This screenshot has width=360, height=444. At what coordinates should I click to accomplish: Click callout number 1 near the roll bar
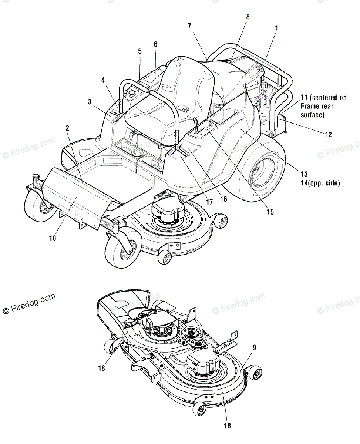click(277, 28)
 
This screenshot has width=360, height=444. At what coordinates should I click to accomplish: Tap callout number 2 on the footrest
click(67, 128)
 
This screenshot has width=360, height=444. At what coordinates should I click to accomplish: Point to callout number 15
click(270, 212)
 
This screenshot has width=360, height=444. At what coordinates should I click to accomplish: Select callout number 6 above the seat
click(155, 44)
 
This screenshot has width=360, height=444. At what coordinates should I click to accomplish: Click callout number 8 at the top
click(248, 16)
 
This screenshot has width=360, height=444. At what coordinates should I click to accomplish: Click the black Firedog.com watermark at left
click(29, 303)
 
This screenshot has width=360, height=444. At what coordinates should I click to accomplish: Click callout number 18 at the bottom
click(228, 425)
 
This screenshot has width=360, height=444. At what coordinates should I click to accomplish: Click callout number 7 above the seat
click(190, 26)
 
